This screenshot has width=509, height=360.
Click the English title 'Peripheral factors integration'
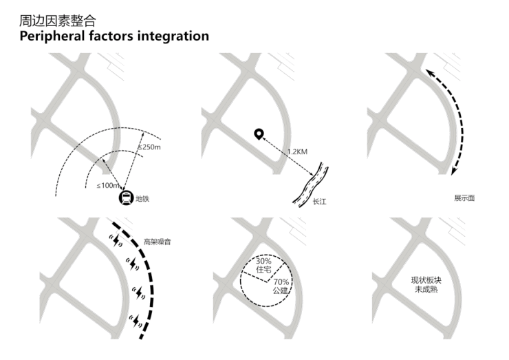coord(114,36)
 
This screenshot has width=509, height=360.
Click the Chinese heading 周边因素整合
coord(56,21)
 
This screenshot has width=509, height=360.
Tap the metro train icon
coord(126,198)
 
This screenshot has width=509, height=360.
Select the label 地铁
coord(142,199)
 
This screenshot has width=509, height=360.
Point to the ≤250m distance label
coord(149,147)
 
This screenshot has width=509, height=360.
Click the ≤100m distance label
coord(109,186)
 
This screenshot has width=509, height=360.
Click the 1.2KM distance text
coord(297,151)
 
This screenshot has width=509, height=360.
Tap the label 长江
coord(319,202)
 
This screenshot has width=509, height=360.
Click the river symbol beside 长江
coord(310,184)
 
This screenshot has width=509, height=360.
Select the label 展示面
coord(464,198)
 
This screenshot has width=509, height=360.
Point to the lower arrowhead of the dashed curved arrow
coord(455,172)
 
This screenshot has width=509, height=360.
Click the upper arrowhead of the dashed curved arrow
coord(427,72)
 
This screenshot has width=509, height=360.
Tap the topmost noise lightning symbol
coord(117,240)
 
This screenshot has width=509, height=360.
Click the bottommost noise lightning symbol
coord(136,319)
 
